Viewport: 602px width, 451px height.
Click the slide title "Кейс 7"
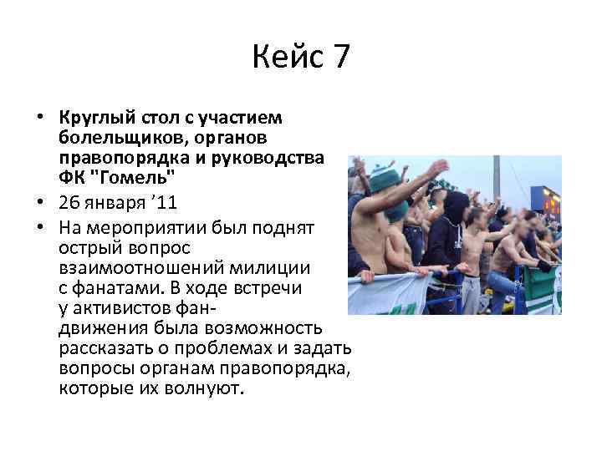tap(300, 58)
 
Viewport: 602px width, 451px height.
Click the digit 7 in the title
tap(339, 58)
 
